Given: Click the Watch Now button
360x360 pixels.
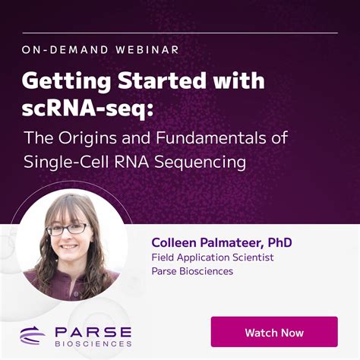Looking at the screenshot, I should point(274,333).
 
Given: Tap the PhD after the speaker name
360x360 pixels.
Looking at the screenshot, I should point(279,243).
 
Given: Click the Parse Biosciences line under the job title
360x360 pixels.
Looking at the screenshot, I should point(192,271).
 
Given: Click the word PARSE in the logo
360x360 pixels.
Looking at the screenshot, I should point(93,332).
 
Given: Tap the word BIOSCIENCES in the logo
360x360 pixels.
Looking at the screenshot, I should point(93,343).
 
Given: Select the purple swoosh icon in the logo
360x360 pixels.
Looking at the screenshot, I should point(33,335).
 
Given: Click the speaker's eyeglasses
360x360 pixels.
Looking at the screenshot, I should point(67,228).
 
